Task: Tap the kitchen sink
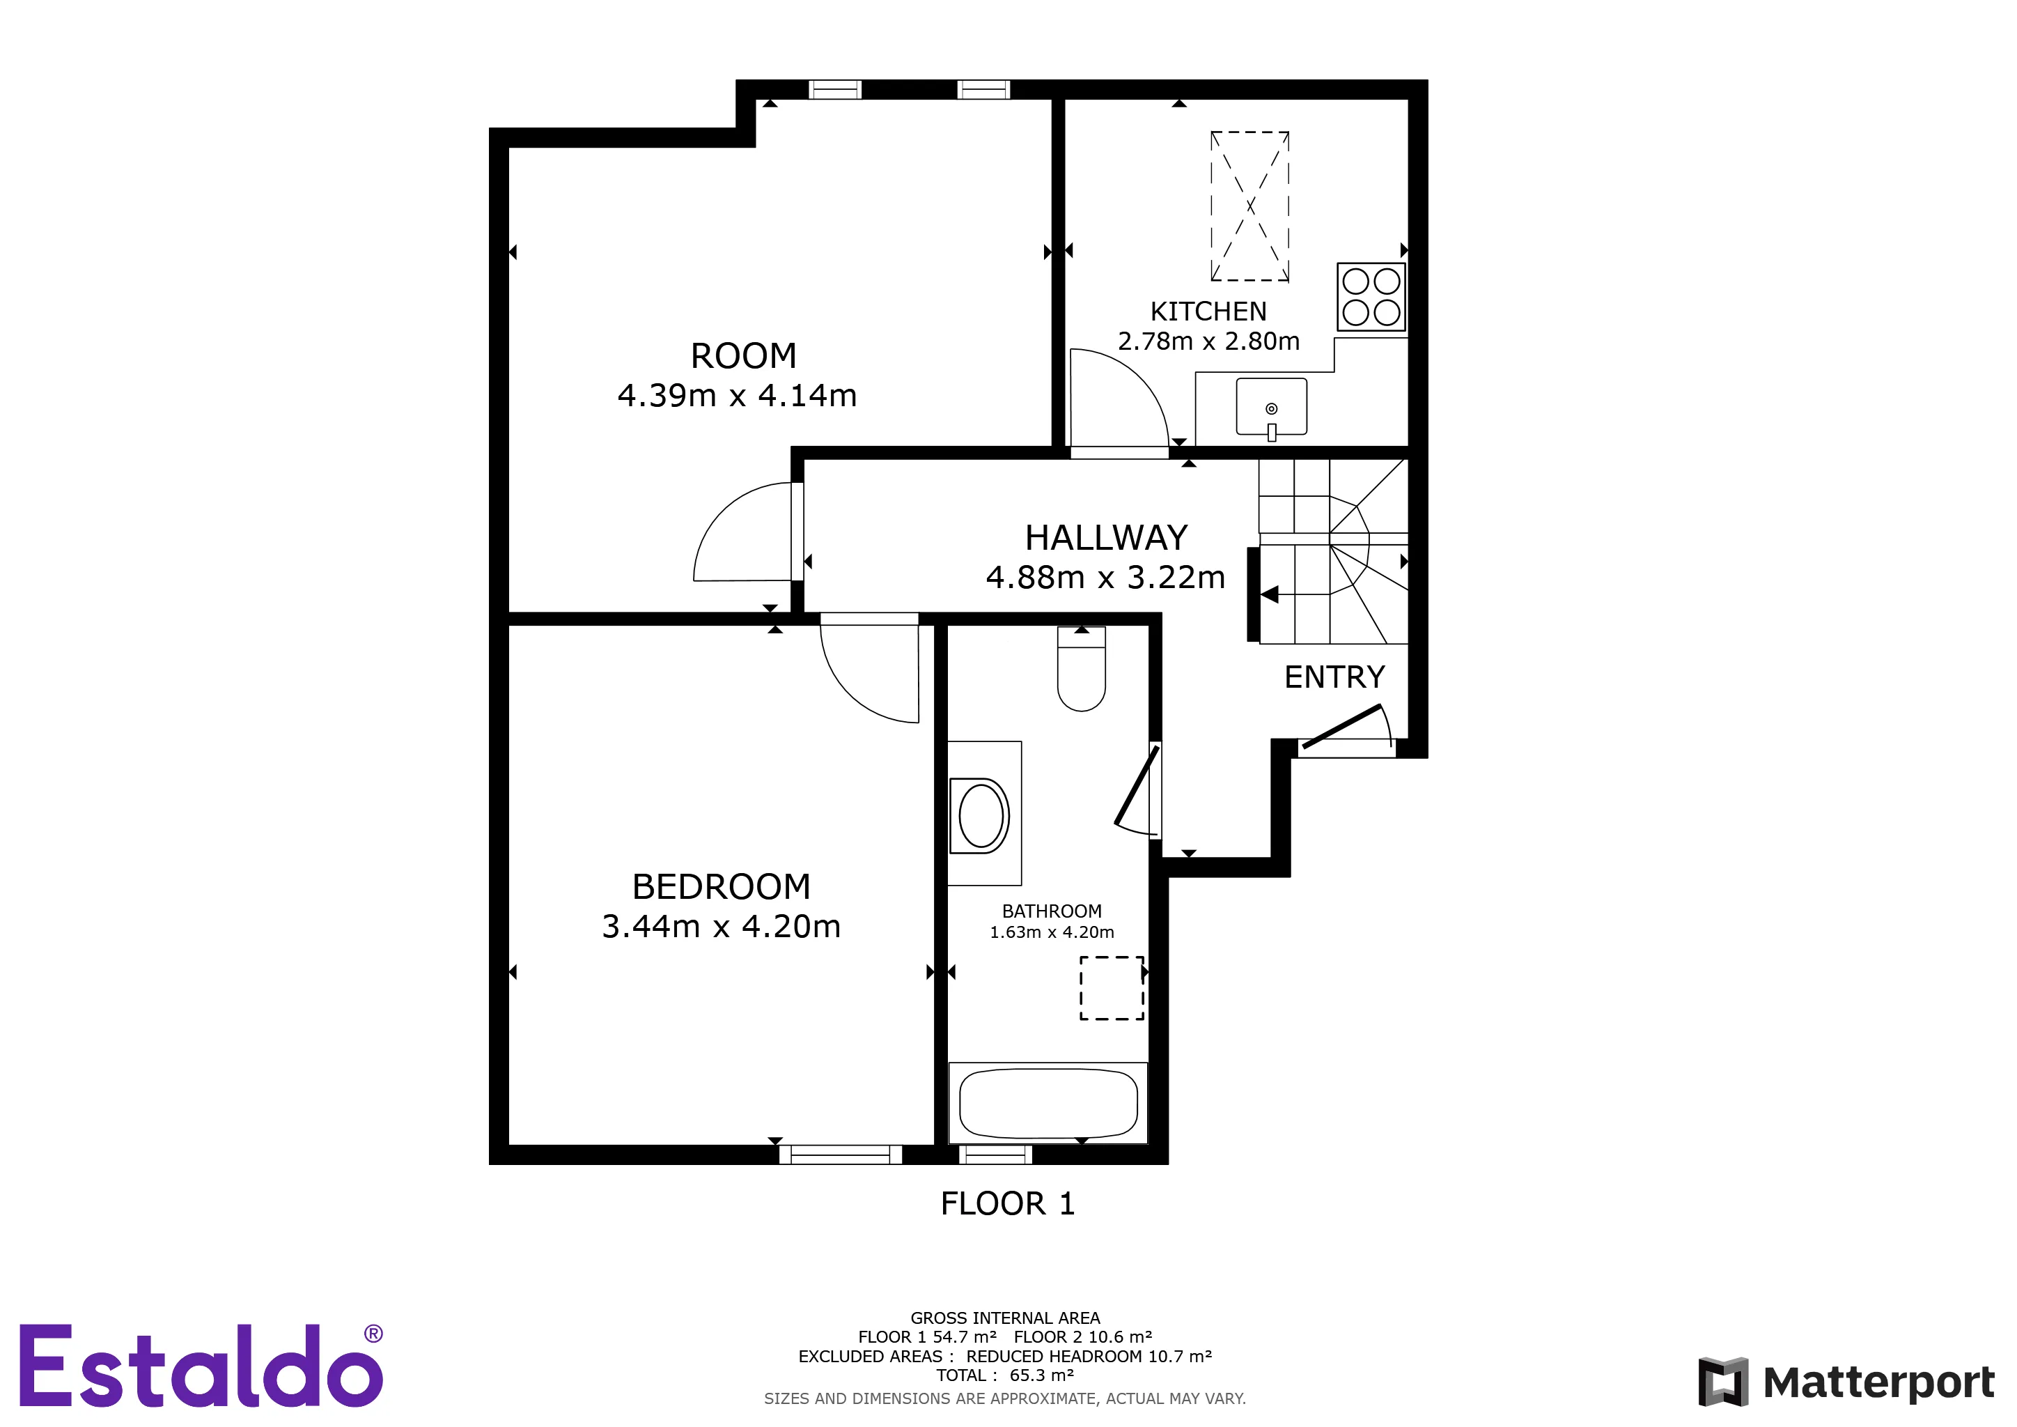tap(1271, 408)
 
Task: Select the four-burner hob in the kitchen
tap(1371, 297)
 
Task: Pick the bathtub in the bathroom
tap(1048, 1103)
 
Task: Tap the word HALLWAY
tap(1106, 537)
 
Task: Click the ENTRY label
tap(1334, 677)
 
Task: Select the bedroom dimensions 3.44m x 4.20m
tap(722, 926)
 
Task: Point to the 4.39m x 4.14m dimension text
tap(737, 395)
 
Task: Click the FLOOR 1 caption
tap(1008, 1203)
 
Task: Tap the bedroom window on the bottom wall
tap(840, 1154)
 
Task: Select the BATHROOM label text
tap(1052, 911)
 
